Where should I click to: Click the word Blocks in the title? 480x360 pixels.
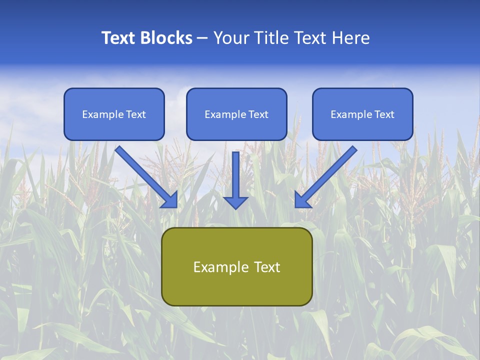click(x=167, y=38)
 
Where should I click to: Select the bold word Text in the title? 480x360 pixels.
click(x=120, y=38)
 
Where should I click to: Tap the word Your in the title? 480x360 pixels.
click(x=231, y=38)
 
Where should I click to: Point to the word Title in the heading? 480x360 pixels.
click(x=270, y=38)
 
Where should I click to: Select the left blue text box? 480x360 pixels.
click(x=114, y=114)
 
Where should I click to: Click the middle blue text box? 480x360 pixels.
click(x=236, y=114)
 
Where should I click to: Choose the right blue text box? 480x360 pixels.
click(x=362, y=114)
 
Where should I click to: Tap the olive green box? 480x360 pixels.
click(x=236, y=266)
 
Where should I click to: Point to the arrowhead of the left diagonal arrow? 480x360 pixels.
click(x=170, y=200)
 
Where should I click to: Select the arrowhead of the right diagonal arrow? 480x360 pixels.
click(x=302, y=200)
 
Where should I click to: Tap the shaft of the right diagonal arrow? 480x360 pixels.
click(x=332, y=170)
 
